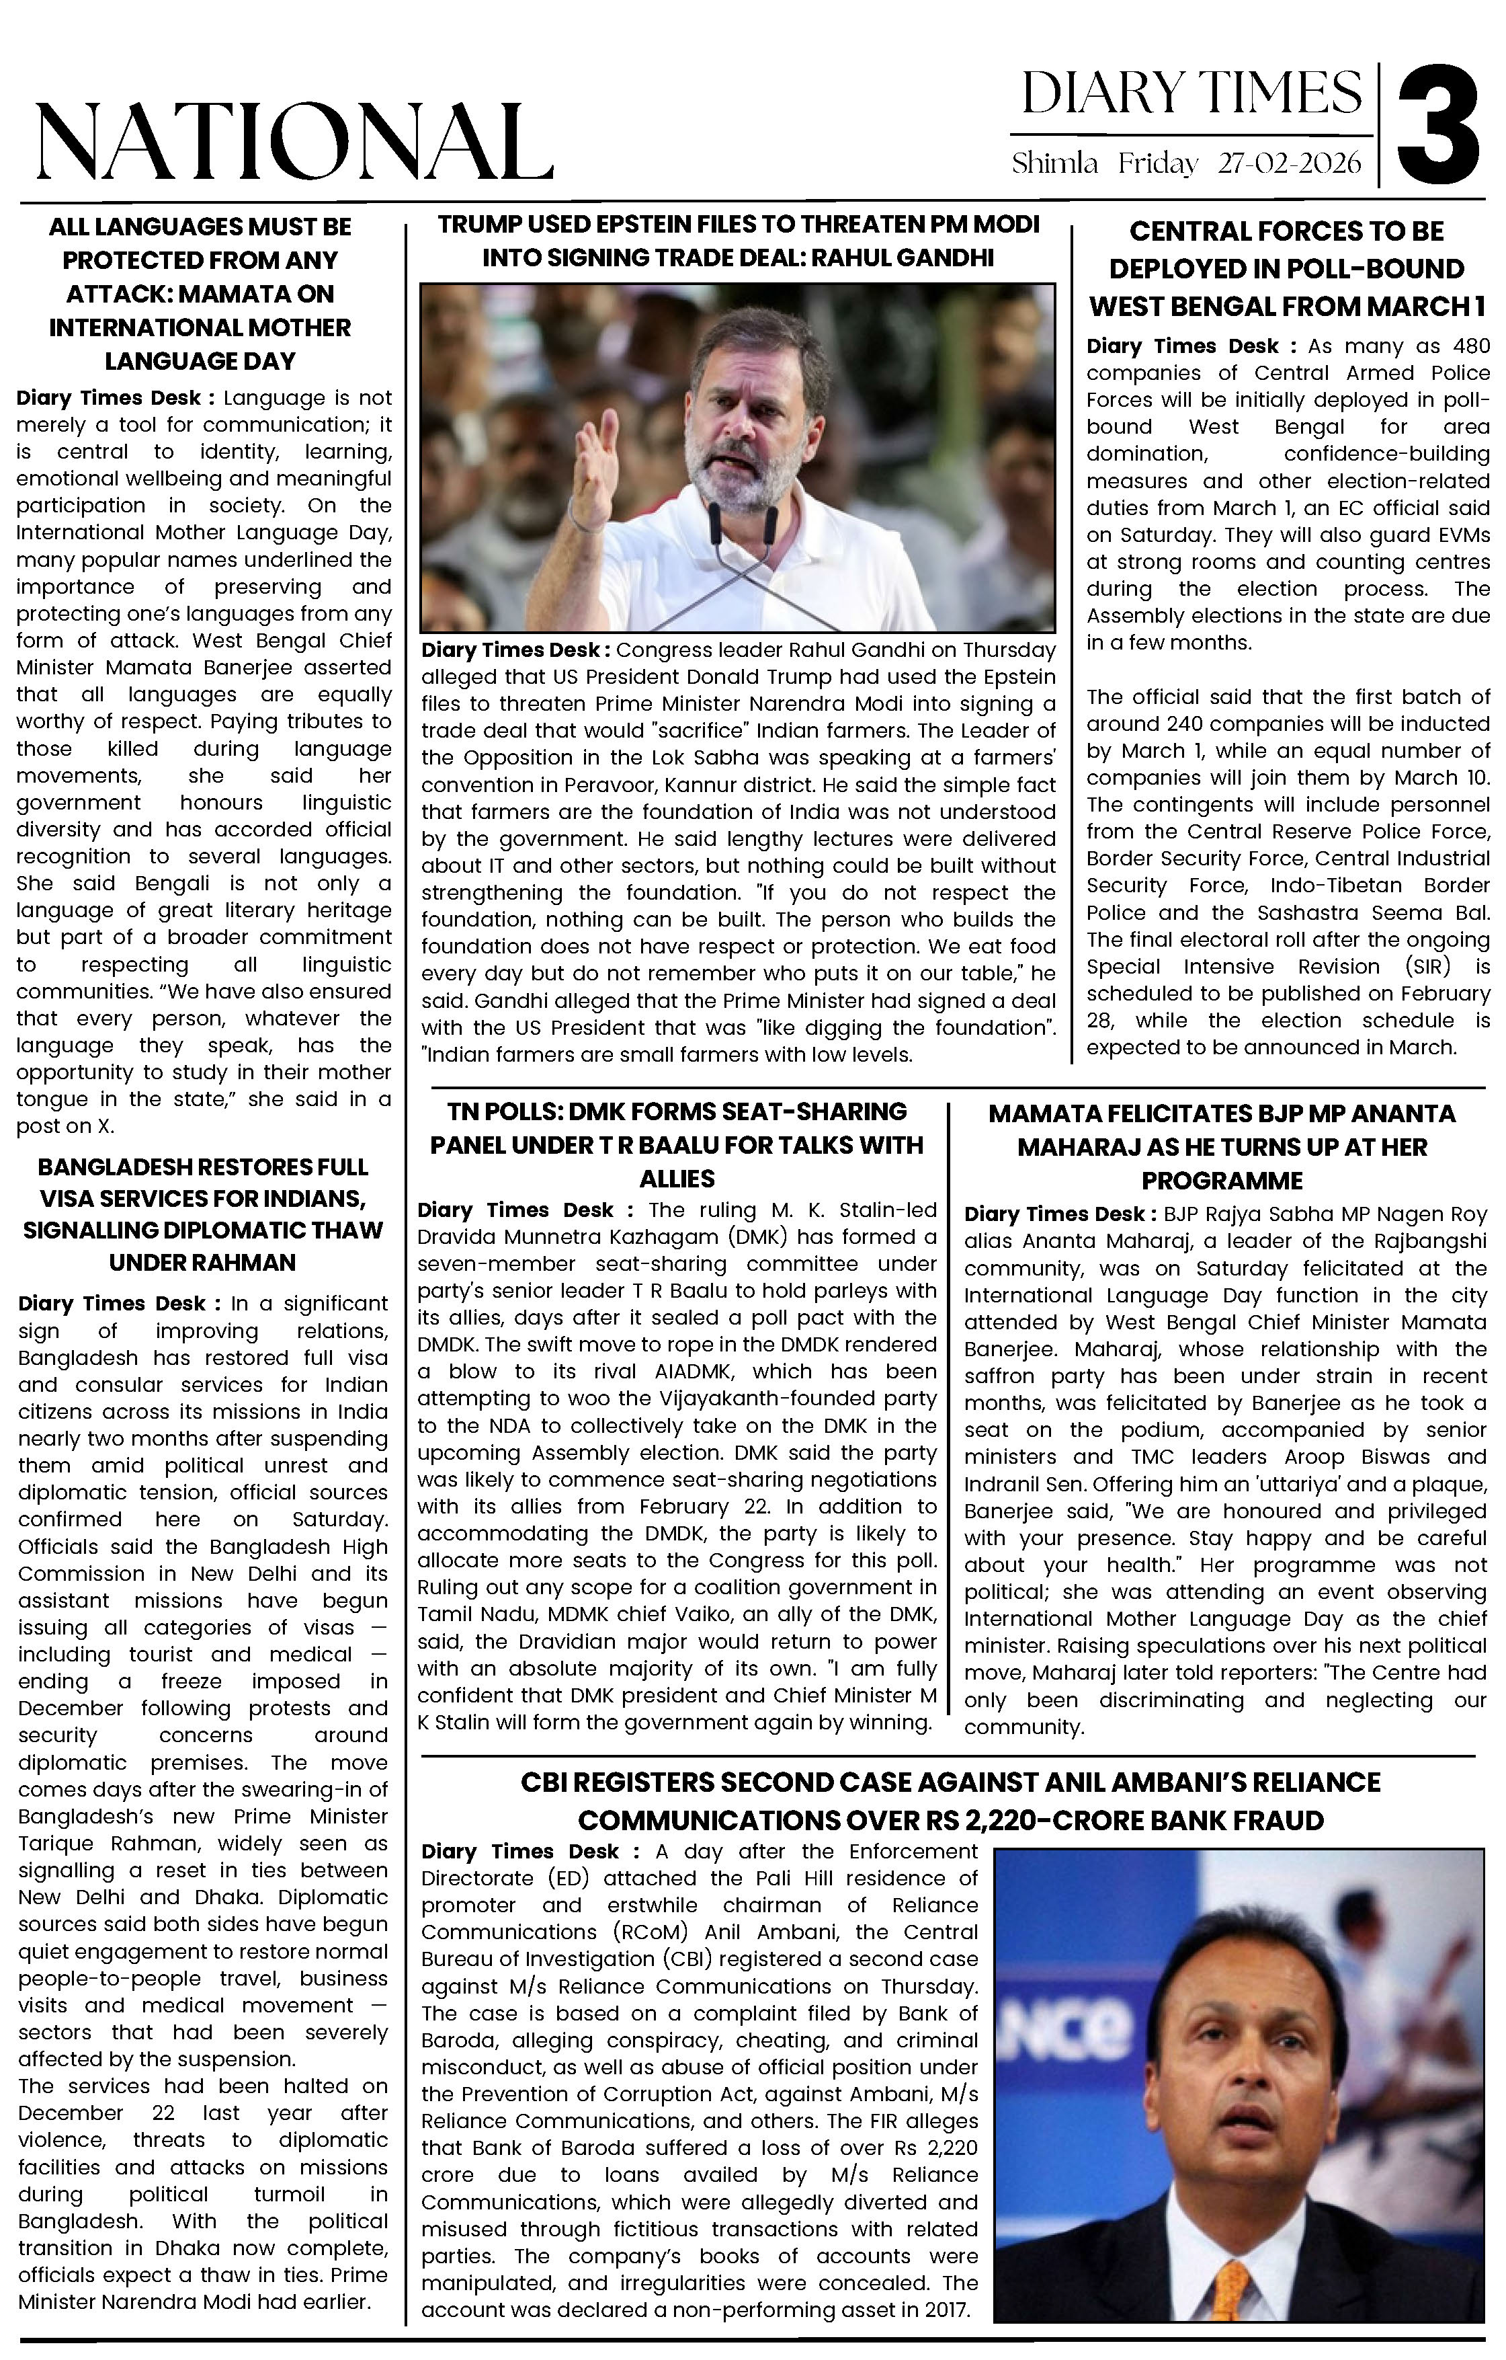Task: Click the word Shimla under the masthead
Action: point(1054,163)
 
